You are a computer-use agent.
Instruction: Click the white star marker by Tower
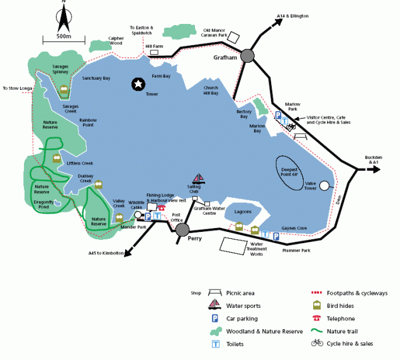(138, 84)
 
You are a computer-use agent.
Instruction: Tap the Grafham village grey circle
(247, 57)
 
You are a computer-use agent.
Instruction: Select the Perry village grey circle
(183, 230)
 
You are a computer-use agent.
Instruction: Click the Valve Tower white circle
(325, 185)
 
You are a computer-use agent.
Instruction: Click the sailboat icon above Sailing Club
(198, 180)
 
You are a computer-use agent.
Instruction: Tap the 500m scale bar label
(63, 36)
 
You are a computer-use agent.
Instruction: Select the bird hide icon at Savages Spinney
(64, 91)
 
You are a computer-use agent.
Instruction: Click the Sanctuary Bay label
(96, 78)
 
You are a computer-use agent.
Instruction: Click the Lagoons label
(242, 212)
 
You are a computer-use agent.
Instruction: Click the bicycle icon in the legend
(317, 343)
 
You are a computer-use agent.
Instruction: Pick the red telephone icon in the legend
(317, 319)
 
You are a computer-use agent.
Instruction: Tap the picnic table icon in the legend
(215, 293)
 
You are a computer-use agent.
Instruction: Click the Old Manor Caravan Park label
(218, 32)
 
